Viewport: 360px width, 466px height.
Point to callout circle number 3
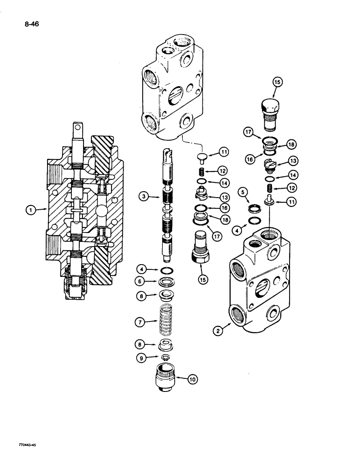pyautogui.click(x=145, y=197)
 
